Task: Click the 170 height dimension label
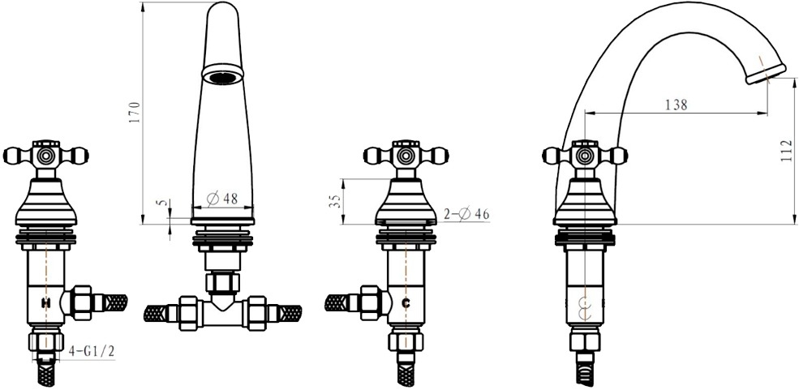click(x=135, y=113)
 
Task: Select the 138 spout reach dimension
click(x=677, y=105)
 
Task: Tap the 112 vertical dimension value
click(x=787, y=151)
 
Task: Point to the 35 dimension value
click(x=335, y=201)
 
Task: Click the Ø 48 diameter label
click(x=223, y=199)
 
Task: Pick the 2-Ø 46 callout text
click(x=466, y=214)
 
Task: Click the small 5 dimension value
click(x=163, y=203)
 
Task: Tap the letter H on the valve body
click(x=46, y=303)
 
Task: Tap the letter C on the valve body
click(x=406, y=303)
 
